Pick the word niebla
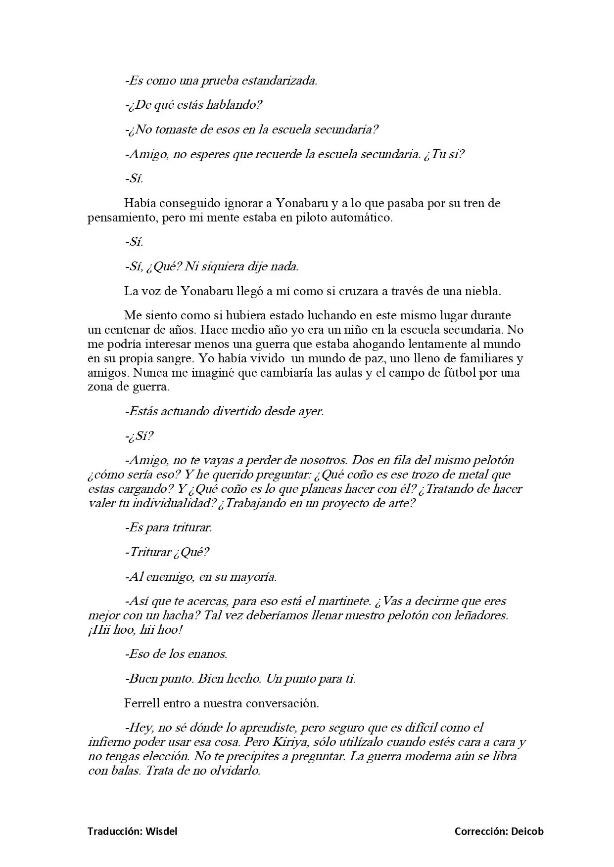pyautogui.click(x=483, y=291)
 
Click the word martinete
pyautogui.click(x=343, y=601)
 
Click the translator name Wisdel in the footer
pyautogui.click(x=161, y=831)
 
